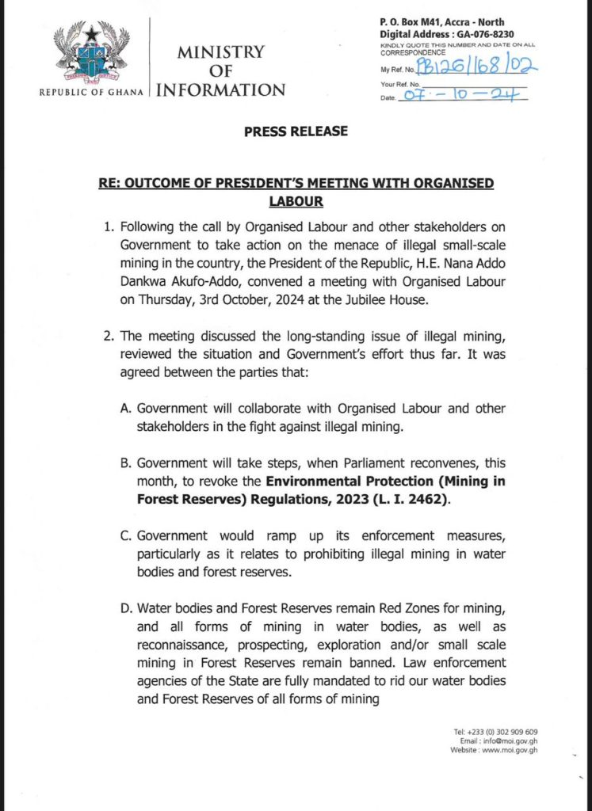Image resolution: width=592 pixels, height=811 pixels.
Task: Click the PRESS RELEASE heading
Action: pos(296,131)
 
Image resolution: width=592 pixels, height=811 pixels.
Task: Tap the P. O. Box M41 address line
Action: pos(442,22)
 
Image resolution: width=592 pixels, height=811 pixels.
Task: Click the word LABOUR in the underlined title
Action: pos(296,202)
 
